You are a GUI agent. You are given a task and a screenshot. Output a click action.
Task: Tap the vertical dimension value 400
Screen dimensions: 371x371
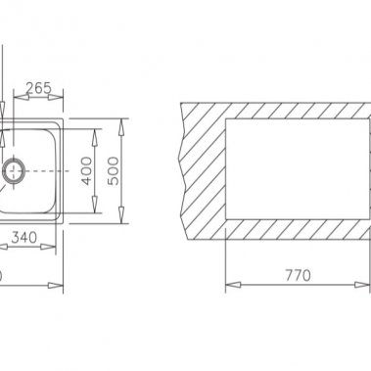pyautogui.click(x=87, y=170)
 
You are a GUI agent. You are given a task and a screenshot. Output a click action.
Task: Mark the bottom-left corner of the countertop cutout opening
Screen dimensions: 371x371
pyautogui.click(x=226, y=221)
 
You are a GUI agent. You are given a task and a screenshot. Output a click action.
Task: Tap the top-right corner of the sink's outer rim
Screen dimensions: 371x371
pyautogui.click(x=64, y=120)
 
